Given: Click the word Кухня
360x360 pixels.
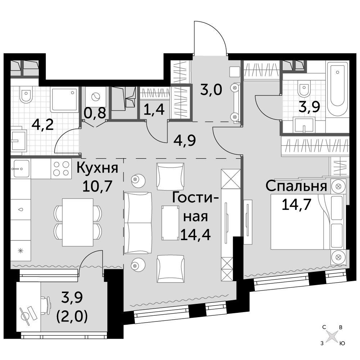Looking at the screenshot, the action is click(x=97, y=168).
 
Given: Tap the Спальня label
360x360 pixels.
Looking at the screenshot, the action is click(x=296, y=186).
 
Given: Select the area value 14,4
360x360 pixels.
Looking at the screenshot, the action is click(x=195, y=235).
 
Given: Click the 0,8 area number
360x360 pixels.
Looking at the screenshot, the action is click(x=95, y=113).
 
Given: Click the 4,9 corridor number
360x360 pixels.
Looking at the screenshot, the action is click(x=185, y=140).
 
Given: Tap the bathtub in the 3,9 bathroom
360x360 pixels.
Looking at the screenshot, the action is click(x=337, y=89).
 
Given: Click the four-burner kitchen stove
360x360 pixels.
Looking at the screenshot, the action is click(x=61, y=169).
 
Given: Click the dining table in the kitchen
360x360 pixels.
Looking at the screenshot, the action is click(x=78, y=222).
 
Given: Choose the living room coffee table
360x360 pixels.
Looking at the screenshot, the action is click(x=170, y=223).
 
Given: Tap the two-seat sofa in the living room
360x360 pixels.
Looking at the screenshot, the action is click(x=138, y=223).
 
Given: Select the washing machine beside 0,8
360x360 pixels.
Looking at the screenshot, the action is click(x=95, y=97).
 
